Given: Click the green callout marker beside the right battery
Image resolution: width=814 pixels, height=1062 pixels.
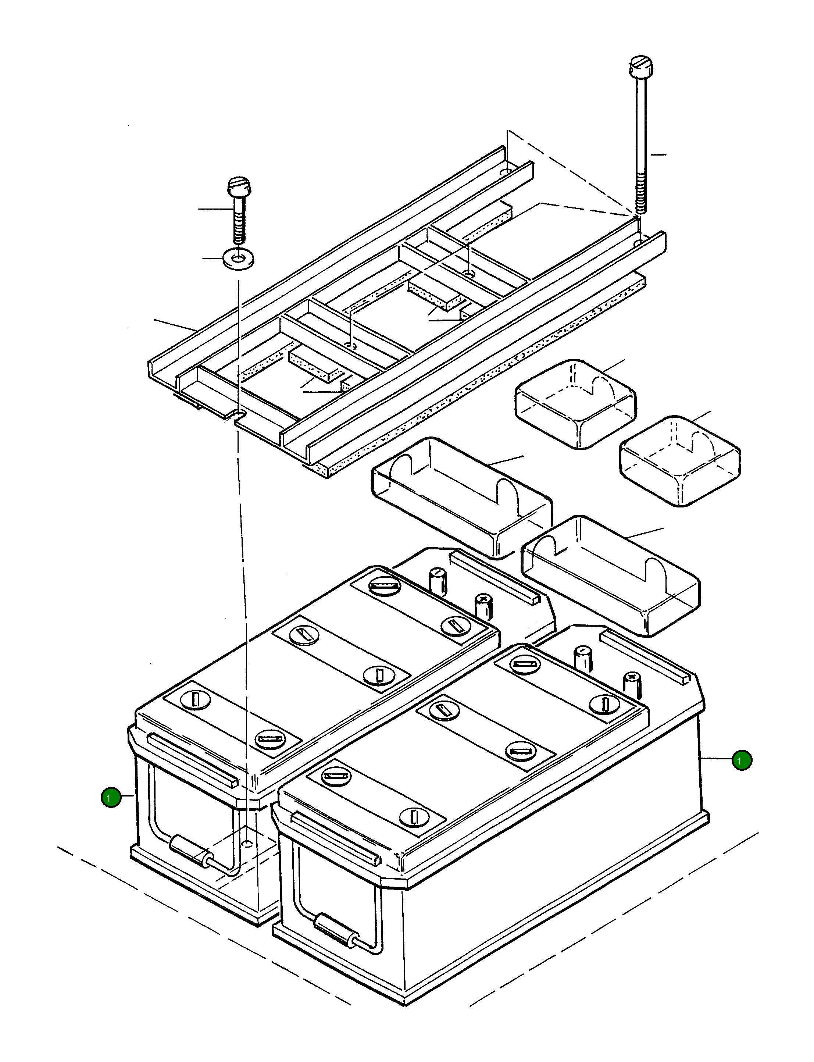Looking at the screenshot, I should [742, 760].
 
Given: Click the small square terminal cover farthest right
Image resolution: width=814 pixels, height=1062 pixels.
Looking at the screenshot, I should [680, 460].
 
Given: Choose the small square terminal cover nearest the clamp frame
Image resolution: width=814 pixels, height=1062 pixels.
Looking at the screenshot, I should [576, 403].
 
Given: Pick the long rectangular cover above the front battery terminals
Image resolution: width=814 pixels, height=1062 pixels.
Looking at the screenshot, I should [610, 575].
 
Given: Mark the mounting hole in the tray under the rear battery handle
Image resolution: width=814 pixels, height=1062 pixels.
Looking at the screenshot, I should [247, 844].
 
